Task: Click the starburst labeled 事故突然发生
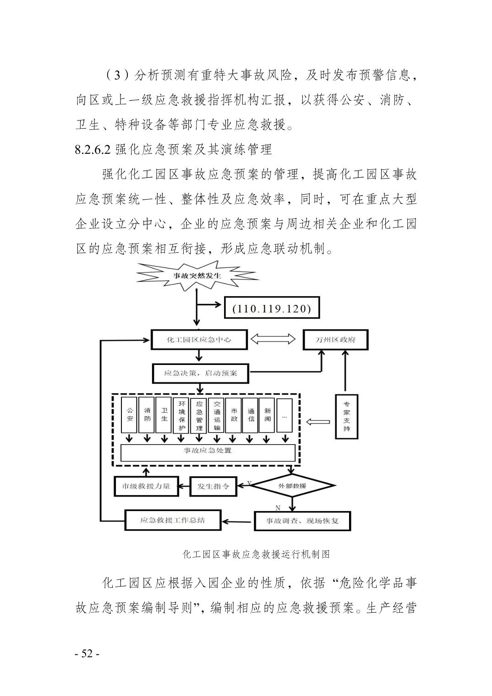tap(197, 276)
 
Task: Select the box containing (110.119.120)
tap(272, 309)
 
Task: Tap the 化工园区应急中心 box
tap(199, 340)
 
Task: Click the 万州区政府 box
tap(336, 340)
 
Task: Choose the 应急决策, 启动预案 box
tap(201, 373)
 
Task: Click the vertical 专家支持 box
tap(346, 416)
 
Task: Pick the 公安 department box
tap(130, 415)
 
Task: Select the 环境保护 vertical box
tap(182, 415)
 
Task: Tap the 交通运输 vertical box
tap(217, 415)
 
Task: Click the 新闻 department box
tap(268, 415)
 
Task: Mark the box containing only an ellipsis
tap(284, 415)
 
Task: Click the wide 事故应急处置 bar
tap(208, 451)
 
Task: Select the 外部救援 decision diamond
tap(292, 485)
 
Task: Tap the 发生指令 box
tap(213, 486)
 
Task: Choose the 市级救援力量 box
tap(146, 486)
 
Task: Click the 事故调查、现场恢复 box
tap(302, 521)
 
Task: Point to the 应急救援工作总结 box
tap(173, 520)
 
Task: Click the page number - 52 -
tap(87, 653)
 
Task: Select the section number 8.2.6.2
tap(93, 149)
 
